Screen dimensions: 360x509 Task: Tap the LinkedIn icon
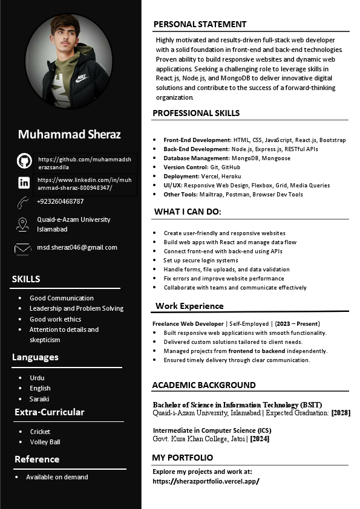coord(24,183)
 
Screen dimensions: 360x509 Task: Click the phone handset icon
coord(24,202)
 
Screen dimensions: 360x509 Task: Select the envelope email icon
coord(23,248)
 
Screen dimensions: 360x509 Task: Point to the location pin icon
coord(23,224)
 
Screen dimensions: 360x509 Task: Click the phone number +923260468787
coord(61,201)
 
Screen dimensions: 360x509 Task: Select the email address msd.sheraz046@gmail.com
coord(77,247)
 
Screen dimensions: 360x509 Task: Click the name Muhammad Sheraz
coord(70,134)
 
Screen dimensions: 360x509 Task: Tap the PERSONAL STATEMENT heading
coord(200,24)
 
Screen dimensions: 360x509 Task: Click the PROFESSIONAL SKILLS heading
coord(196,113)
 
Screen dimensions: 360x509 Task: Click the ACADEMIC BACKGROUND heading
coord(204,385)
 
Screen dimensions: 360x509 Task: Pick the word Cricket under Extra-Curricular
coord(40,432)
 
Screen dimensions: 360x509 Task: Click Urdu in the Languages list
coord(37,378)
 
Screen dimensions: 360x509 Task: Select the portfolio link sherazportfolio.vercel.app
coord(206,481)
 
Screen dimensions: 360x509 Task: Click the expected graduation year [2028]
coord(341,413)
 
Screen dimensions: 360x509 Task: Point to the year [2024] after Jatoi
coord(259,439)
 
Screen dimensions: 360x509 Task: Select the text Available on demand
coord(57,477)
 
